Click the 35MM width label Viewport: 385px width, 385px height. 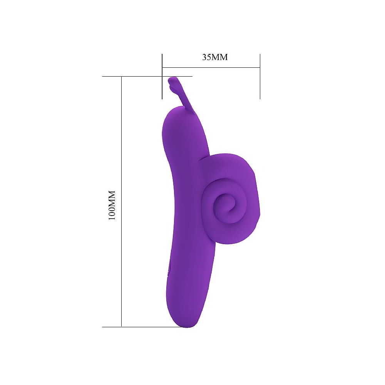[x=215, y=57]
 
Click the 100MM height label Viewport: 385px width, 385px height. [x=112, y=205]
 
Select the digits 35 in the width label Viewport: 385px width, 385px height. [x=206, y=57]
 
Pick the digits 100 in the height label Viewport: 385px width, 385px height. [x=112, y=213]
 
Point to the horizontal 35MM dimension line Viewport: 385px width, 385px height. [x=211, y=67]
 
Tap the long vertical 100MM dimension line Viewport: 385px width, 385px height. [x=122, y=202]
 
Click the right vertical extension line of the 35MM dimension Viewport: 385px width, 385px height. [x=260, y=76]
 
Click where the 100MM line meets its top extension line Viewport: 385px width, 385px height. [x=122, y=76]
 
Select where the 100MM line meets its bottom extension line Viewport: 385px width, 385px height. [x=122, y=327]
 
